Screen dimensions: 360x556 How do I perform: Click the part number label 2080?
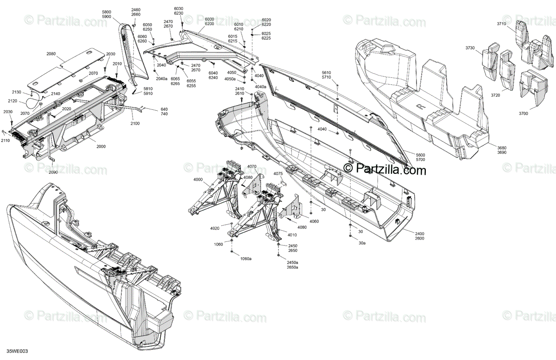pos(51,54)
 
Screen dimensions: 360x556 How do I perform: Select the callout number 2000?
pos(101,146)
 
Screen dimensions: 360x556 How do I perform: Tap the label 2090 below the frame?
pos(54,172)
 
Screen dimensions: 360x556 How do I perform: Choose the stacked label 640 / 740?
pos(164,112)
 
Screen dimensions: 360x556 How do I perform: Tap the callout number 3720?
pos(496,95)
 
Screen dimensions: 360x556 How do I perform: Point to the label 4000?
pos(198,180)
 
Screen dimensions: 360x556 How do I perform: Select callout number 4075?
pos(278,174)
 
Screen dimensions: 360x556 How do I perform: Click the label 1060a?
pos(246,259)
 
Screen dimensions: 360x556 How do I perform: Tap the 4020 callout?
pos(215,228)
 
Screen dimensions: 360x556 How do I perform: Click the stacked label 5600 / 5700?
pos(420,157)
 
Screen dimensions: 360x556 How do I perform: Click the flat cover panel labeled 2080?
pos(65,69)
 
